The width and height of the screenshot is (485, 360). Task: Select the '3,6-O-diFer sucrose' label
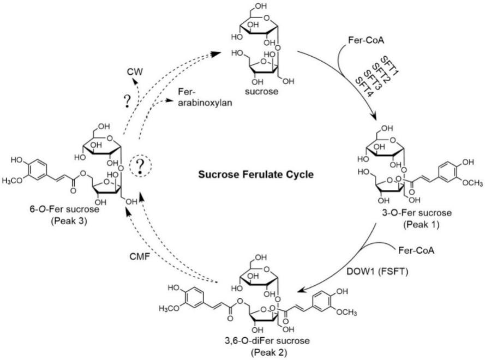pos(270,342)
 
